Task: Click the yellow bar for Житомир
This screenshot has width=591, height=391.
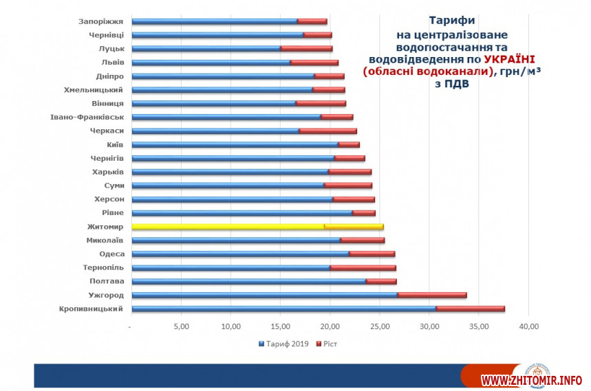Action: (x=227, y=227)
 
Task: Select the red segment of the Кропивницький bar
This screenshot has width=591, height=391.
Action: (x=471, y=309)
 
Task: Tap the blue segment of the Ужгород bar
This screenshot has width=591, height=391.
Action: (x=264, y=295)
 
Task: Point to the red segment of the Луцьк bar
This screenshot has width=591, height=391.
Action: (x=306, y=49)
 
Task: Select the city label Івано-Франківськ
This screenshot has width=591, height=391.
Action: (x=87, y=117)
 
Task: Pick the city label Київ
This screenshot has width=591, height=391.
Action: (x=115, y=144)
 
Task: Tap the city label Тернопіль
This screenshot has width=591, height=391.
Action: (x=103, y=267)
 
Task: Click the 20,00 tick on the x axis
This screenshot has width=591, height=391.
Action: (x=330, y=326)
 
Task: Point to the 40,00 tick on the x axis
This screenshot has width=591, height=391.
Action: (x=528, y=326)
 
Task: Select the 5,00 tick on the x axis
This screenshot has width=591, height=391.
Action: (x=181, y=326)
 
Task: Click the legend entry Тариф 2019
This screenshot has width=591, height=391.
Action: (x=283, y=343)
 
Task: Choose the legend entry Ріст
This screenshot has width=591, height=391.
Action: (x=327, y=343)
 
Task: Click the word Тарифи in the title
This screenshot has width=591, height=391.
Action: (x=451, y=21)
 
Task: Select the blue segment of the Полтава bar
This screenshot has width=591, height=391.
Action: (x=248, y=281)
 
